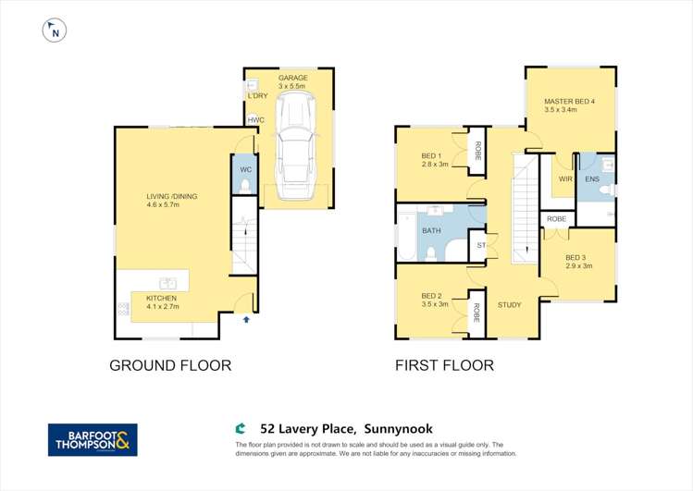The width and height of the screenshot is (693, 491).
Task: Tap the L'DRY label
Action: tap(256, 95)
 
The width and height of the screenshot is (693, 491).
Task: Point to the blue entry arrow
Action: tap(246, 319)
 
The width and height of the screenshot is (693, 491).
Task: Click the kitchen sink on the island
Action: tap(168, 283)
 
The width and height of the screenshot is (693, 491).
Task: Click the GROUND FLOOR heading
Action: tap(170, 365)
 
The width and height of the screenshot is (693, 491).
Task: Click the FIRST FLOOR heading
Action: tap(444, 365)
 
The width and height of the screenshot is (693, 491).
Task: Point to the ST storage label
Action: tap(481, 246)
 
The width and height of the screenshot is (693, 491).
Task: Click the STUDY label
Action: tap(510, 304)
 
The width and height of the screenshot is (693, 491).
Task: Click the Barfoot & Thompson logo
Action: tap(93, 439)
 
